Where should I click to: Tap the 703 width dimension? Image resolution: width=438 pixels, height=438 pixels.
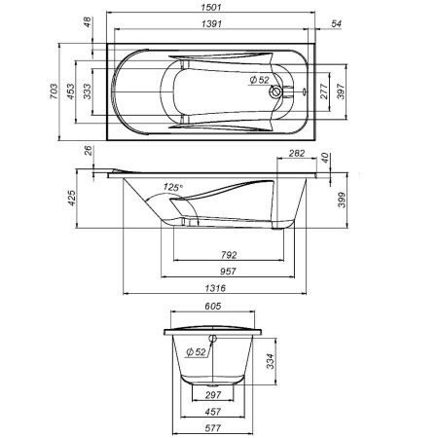pyautogui.click(x=69, y=91)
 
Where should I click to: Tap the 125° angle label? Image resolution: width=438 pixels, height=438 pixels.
pyautogui.click(x=174, y=186)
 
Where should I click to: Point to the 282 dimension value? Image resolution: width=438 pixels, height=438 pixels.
pyautogui.click(x=297, y=155)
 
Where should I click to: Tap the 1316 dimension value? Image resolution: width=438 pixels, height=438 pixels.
pyautogui.click(x=216, y=288)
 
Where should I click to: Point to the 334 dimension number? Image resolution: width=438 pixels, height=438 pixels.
pyautogui.click(x=281, y=362)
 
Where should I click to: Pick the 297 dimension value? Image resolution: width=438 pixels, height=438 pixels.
pyautogui.click(x=215, y=395)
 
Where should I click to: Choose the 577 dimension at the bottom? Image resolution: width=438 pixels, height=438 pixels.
pyautogui.click(x=215, y=427)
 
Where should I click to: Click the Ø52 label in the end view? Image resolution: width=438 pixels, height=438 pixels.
pyautogui.click(x=196, y=352)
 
